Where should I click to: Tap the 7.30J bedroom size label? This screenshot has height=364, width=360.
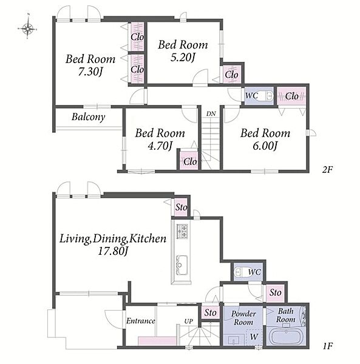(90, 72)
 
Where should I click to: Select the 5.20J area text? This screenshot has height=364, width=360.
(183, 58)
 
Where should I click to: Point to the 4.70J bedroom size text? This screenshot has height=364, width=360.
(160, 146)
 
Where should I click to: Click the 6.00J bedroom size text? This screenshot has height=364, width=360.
(265, 146)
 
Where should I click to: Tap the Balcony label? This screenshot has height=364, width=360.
(88, 116)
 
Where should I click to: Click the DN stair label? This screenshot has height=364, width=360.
(211, 114)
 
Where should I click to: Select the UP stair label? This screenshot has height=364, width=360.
(188, 321)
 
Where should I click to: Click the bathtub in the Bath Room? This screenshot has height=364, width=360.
(286, 336)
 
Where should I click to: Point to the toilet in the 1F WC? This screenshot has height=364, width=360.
(240, 272)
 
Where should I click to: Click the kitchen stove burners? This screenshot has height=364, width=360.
(182, 231)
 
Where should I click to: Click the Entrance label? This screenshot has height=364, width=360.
(140, 321)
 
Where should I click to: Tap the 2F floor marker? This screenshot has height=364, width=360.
(327, 170)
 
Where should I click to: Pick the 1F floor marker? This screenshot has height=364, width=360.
(327, 346)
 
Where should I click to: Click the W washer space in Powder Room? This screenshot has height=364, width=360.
(254, 337)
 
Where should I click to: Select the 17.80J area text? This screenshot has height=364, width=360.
(113, 251)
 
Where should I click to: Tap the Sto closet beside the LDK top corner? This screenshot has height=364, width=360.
(181, 207)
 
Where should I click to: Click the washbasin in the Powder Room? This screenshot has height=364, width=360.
(233, 340)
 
